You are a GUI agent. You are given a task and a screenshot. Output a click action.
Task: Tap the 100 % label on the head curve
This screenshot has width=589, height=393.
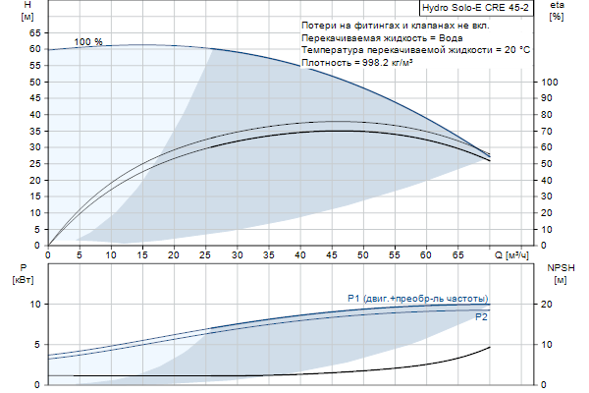(88, 42)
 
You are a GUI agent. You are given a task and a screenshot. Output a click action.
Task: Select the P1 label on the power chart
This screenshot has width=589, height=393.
(417, 298)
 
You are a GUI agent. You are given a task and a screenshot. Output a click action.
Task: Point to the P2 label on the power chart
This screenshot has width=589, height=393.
(481, 317)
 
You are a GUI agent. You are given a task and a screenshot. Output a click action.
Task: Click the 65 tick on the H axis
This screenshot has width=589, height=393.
(33, 31)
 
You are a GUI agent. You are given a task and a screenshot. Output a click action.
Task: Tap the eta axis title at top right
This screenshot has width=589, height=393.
(557, 11)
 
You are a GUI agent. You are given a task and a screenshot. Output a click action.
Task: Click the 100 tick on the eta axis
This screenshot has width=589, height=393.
(551, 82)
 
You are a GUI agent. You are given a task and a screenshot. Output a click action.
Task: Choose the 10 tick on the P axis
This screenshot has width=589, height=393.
(33, 305)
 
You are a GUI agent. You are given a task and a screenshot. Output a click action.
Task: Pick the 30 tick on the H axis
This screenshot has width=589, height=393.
(33, 146)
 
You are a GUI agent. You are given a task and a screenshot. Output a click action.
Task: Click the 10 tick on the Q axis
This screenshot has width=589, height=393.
(111, 255)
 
